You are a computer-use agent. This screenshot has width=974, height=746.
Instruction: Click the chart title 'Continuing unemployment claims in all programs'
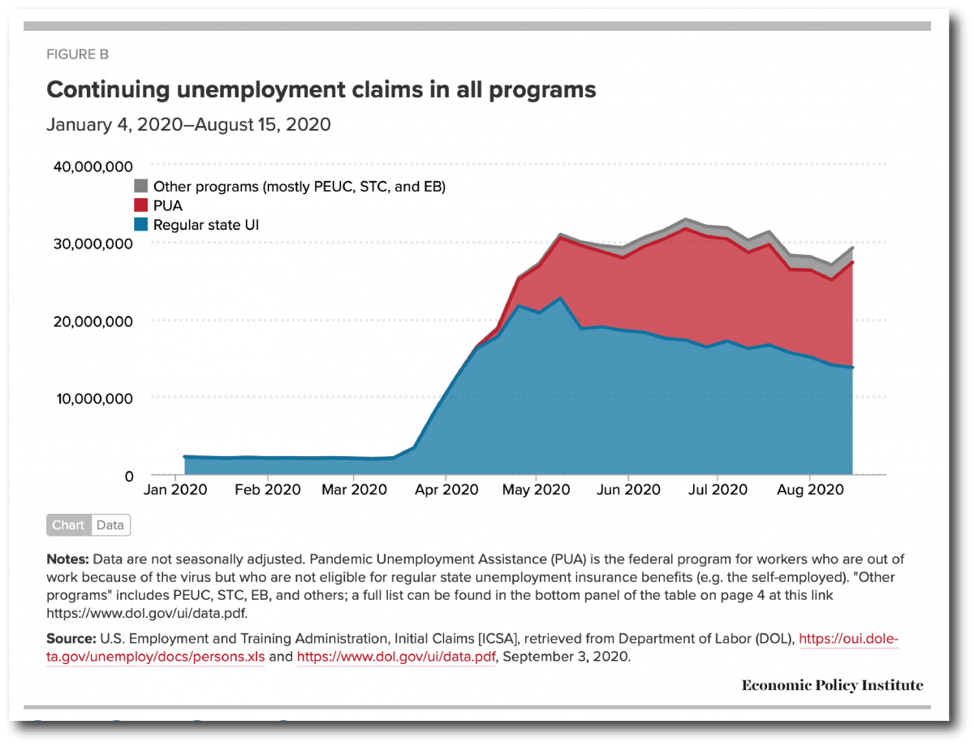tap(321, 89)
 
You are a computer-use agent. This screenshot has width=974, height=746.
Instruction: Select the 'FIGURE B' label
tap(78, 54)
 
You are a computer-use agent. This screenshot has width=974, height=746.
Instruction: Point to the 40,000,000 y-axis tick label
tap(93, 166)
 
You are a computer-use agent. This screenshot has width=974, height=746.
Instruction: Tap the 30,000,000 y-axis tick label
tap(93, 244)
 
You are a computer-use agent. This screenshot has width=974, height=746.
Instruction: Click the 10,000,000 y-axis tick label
tap(93, 399)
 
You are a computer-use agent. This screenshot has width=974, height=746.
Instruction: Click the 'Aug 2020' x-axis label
tap(809, 489)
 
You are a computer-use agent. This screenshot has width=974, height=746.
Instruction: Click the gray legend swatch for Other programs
tap(140, 187)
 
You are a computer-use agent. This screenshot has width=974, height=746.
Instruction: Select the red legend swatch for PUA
tap(140, 206)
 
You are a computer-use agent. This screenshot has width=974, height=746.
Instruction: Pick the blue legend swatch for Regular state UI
tap(140, 225)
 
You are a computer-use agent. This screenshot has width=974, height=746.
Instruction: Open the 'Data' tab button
tap(110, 525)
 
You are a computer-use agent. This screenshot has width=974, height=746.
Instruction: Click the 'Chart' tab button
tap(68, 525)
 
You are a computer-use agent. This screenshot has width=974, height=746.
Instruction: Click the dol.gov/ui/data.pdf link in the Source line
tap(396, 657)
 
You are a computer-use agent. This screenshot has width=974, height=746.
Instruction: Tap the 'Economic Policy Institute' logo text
tap(832, 686)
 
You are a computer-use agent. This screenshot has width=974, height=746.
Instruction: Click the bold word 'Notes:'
tap(68, 559)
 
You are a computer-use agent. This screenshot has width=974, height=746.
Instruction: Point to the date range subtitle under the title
tap(188, 125)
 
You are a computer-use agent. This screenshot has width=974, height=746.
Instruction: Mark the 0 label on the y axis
tap(128, 476)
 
